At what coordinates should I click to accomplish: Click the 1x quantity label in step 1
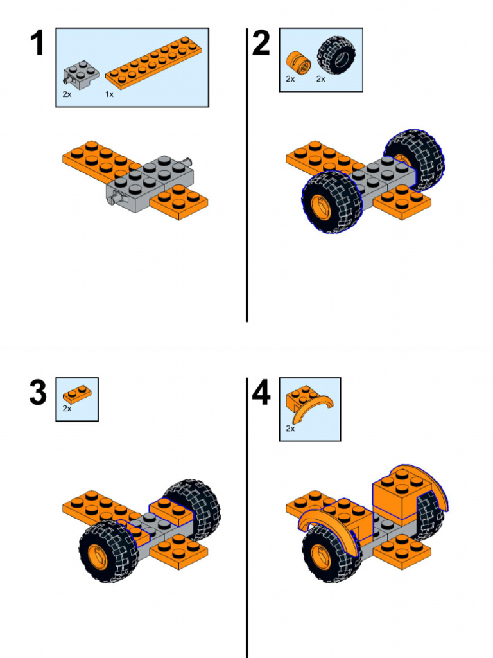109,94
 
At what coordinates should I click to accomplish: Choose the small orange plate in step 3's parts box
76,393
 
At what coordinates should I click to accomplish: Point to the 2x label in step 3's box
67,408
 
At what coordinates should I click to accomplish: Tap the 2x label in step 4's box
290,429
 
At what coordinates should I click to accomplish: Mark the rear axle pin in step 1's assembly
189,161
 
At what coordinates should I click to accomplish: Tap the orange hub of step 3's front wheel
96,556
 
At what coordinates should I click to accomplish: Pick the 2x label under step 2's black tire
321,79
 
